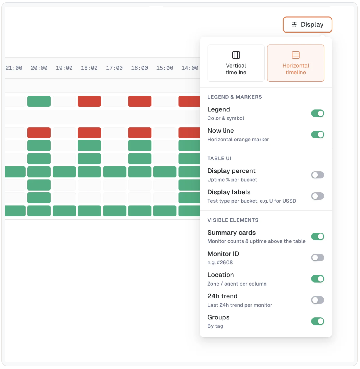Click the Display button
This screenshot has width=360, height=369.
pyautogui.click(x=307, y=25)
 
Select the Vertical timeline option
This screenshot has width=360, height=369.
pyautogui.click(x=236, y=63)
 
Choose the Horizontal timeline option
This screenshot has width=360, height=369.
pyautogui.click(x=296, y=63)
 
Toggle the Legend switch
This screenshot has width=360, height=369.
pyautogui.click(x=317, y=113)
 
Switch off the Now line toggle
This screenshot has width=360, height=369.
pyautogui.click(x=317, y=135)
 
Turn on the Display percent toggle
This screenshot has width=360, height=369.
pyautogui.click(x=317, y=175)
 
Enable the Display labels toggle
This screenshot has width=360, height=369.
pyautogui.click(x=317, y=196)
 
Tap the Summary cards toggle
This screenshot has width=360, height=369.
pyautogui.click(x=317, y=237)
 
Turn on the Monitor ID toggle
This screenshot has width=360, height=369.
pyautogui.click(x=317, y=258)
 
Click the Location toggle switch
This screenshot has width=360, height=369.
pyautogui.click(x=317, y=279)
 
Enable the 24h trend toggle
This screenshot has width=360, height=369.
pyautogui.click(x=317, y=300)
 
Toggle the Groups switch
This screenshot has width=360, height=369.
pyautogui.click(x=317, y=322)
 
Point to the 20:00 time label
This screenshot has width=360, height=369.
pyautogui.click(x=39, y=68)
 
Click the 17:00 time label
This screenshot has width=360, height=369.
pyautogui.click(x=114, y=68)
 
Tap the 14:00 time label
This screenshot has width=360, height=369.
pyautogui.click(x=190, y=68)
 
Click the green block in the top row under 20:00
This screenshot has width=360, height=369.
pyautogui.click(x=39, y=101)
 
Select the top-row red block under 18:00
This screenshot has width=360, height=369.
pyautogui.click(x=89, y=101)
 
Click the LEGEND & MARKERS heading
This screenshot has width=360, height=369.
pyautogui.click(x=235, y=97)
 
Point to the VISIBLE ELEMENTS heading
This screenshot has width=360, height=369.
pyautogui.click(x=233, y=220)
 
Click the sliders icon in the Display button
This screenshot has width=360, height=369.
pyautogui.click(x=294, y=25)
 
